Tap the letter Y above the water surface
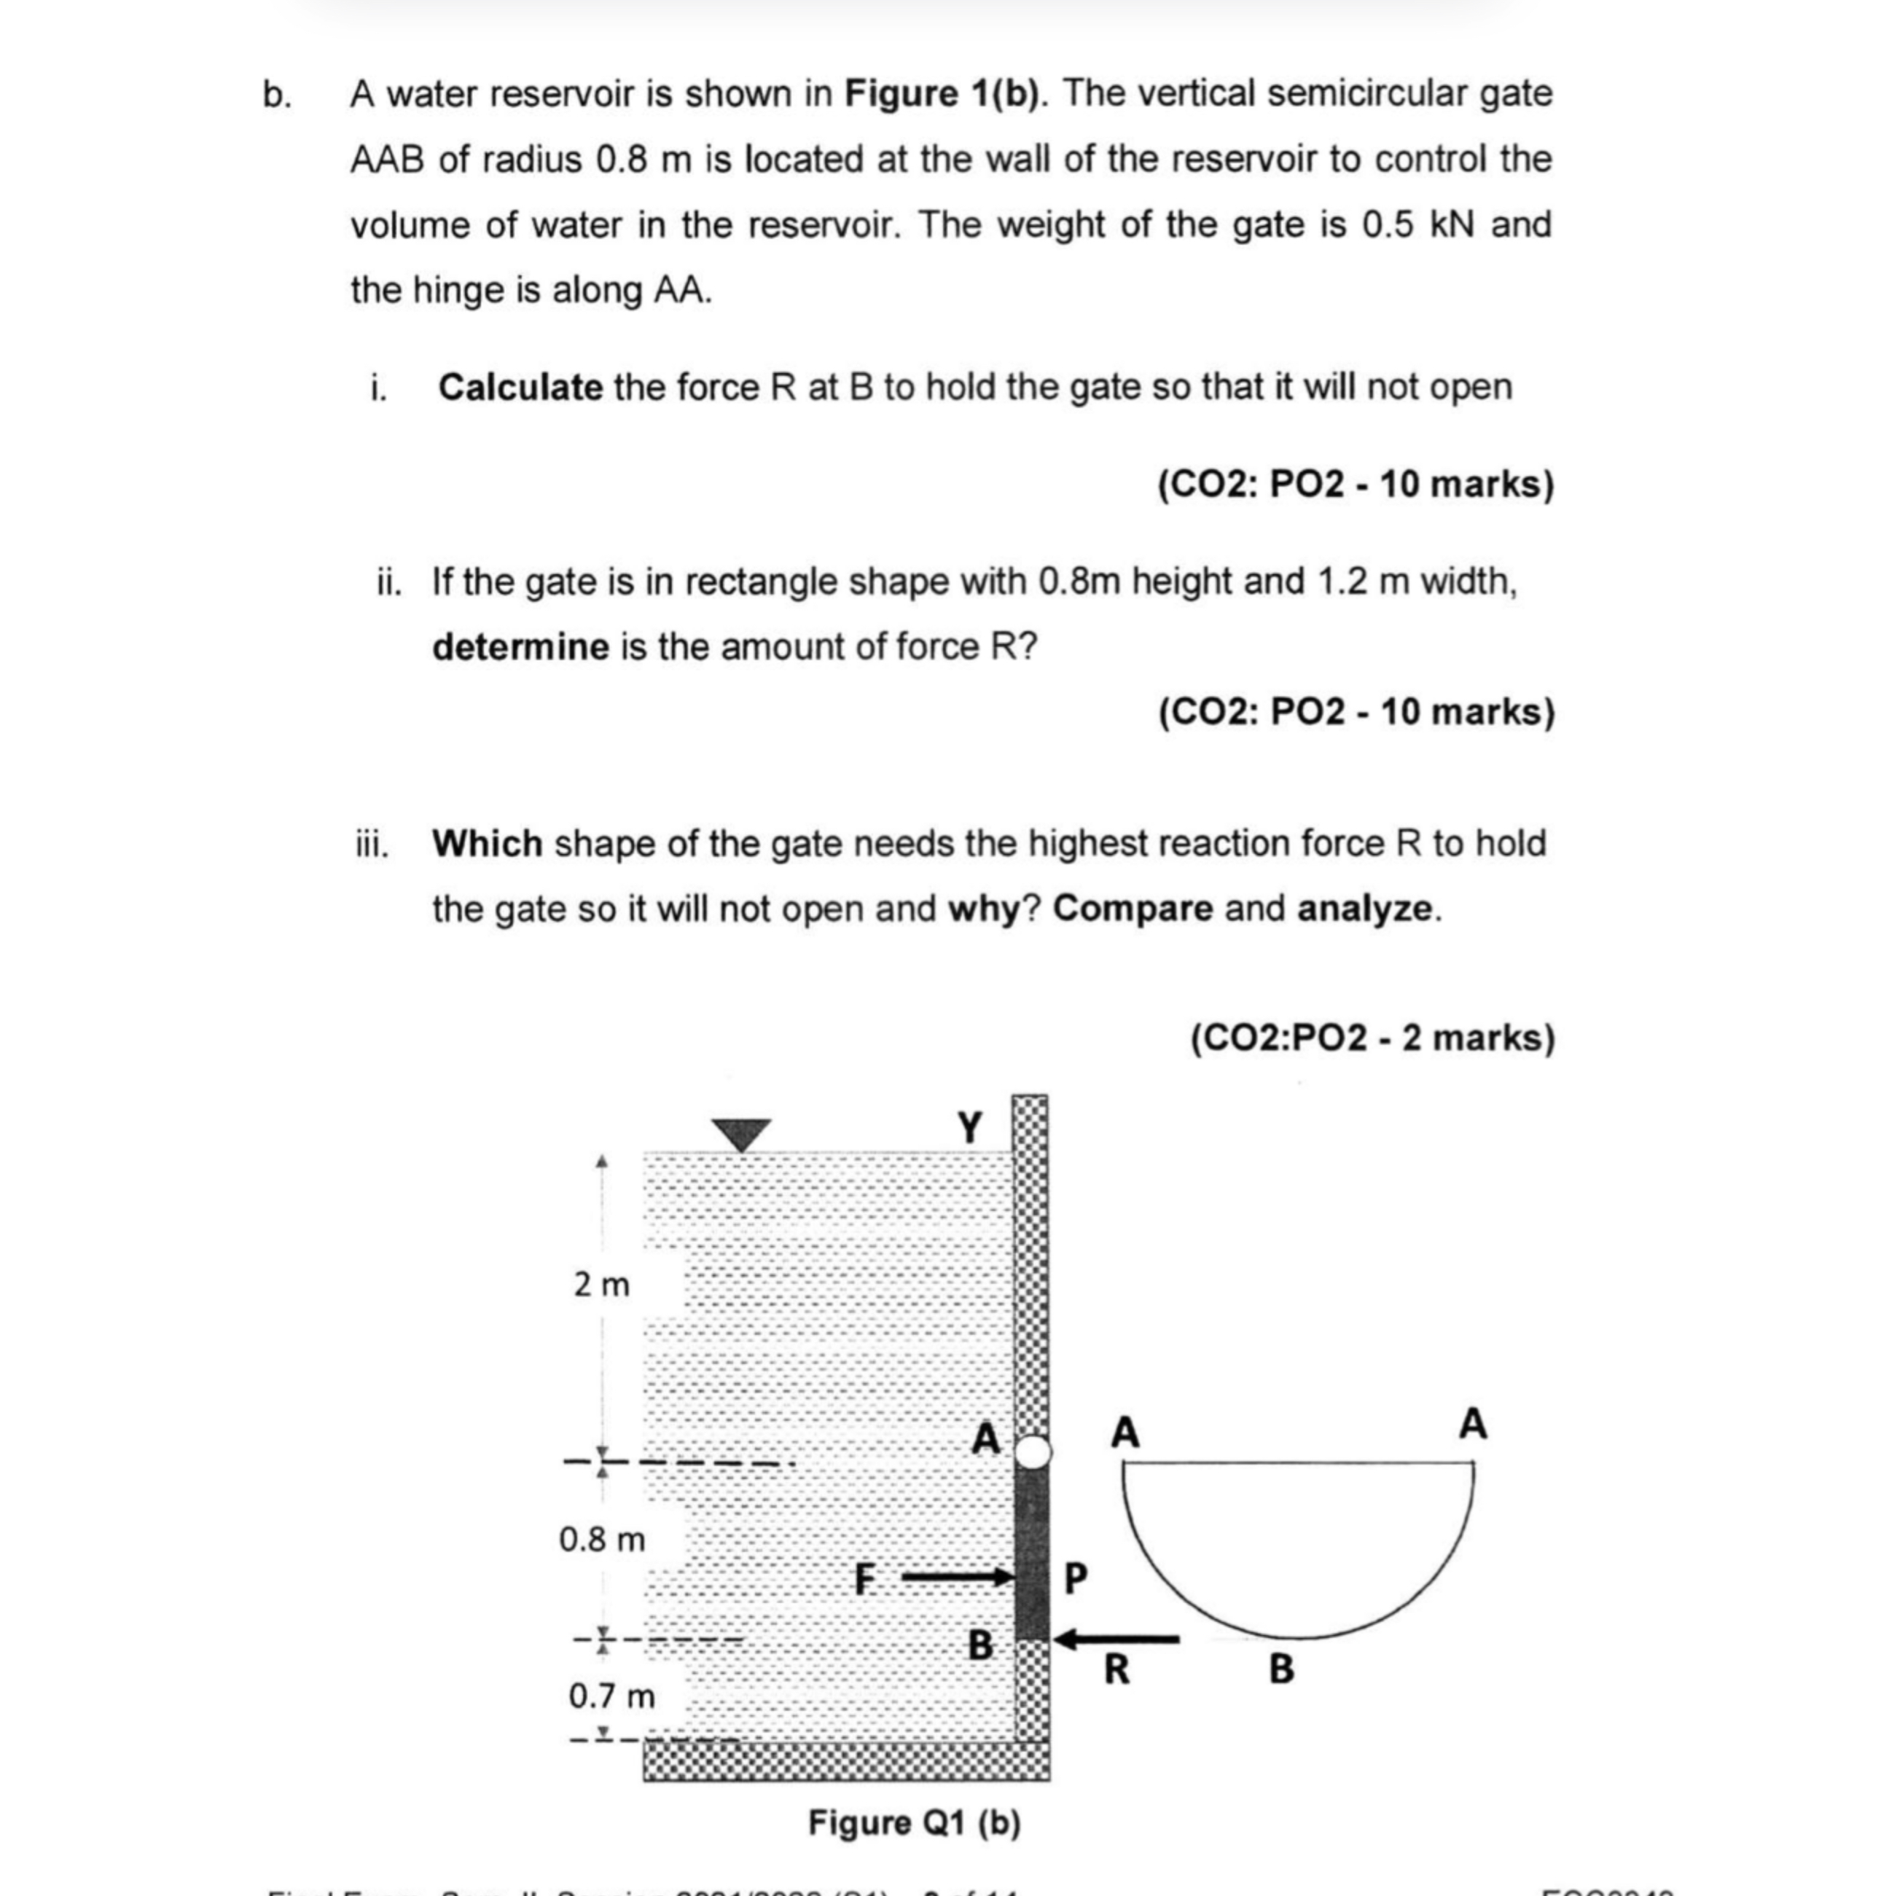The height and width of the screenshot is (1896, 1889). click(x=969, y=1127)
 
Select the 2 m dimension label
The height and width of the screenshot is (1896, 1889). click(x=601, y=1285)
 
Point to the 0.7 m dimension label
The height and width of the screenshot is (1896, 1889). click(x=611, y=1696)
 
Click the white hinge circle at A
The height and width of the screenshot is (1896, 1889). click(x=1031, y=1452)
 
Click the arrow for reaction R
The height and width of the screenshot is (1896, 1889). click(x=1119, y=1639)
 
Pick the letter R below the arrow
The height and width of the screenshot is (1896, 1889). click(x=1116, y=1669)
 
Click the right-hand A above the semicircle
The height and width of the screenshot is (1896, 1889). click(x=1472, y=1423)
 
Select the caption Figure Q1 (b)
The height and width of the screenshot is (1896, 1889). click(x=914, y=1823)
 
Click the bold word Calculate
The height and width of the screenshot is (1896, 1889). click(x=520, y=388)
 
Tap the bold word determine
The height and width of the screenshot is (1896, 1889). click(x=520, y=648)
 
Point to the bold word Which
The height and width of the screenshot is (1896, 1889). click(x=487, y=844)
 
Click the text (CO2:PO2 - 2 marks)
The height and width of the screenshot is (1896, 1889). click(x=1373, y=1038)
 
